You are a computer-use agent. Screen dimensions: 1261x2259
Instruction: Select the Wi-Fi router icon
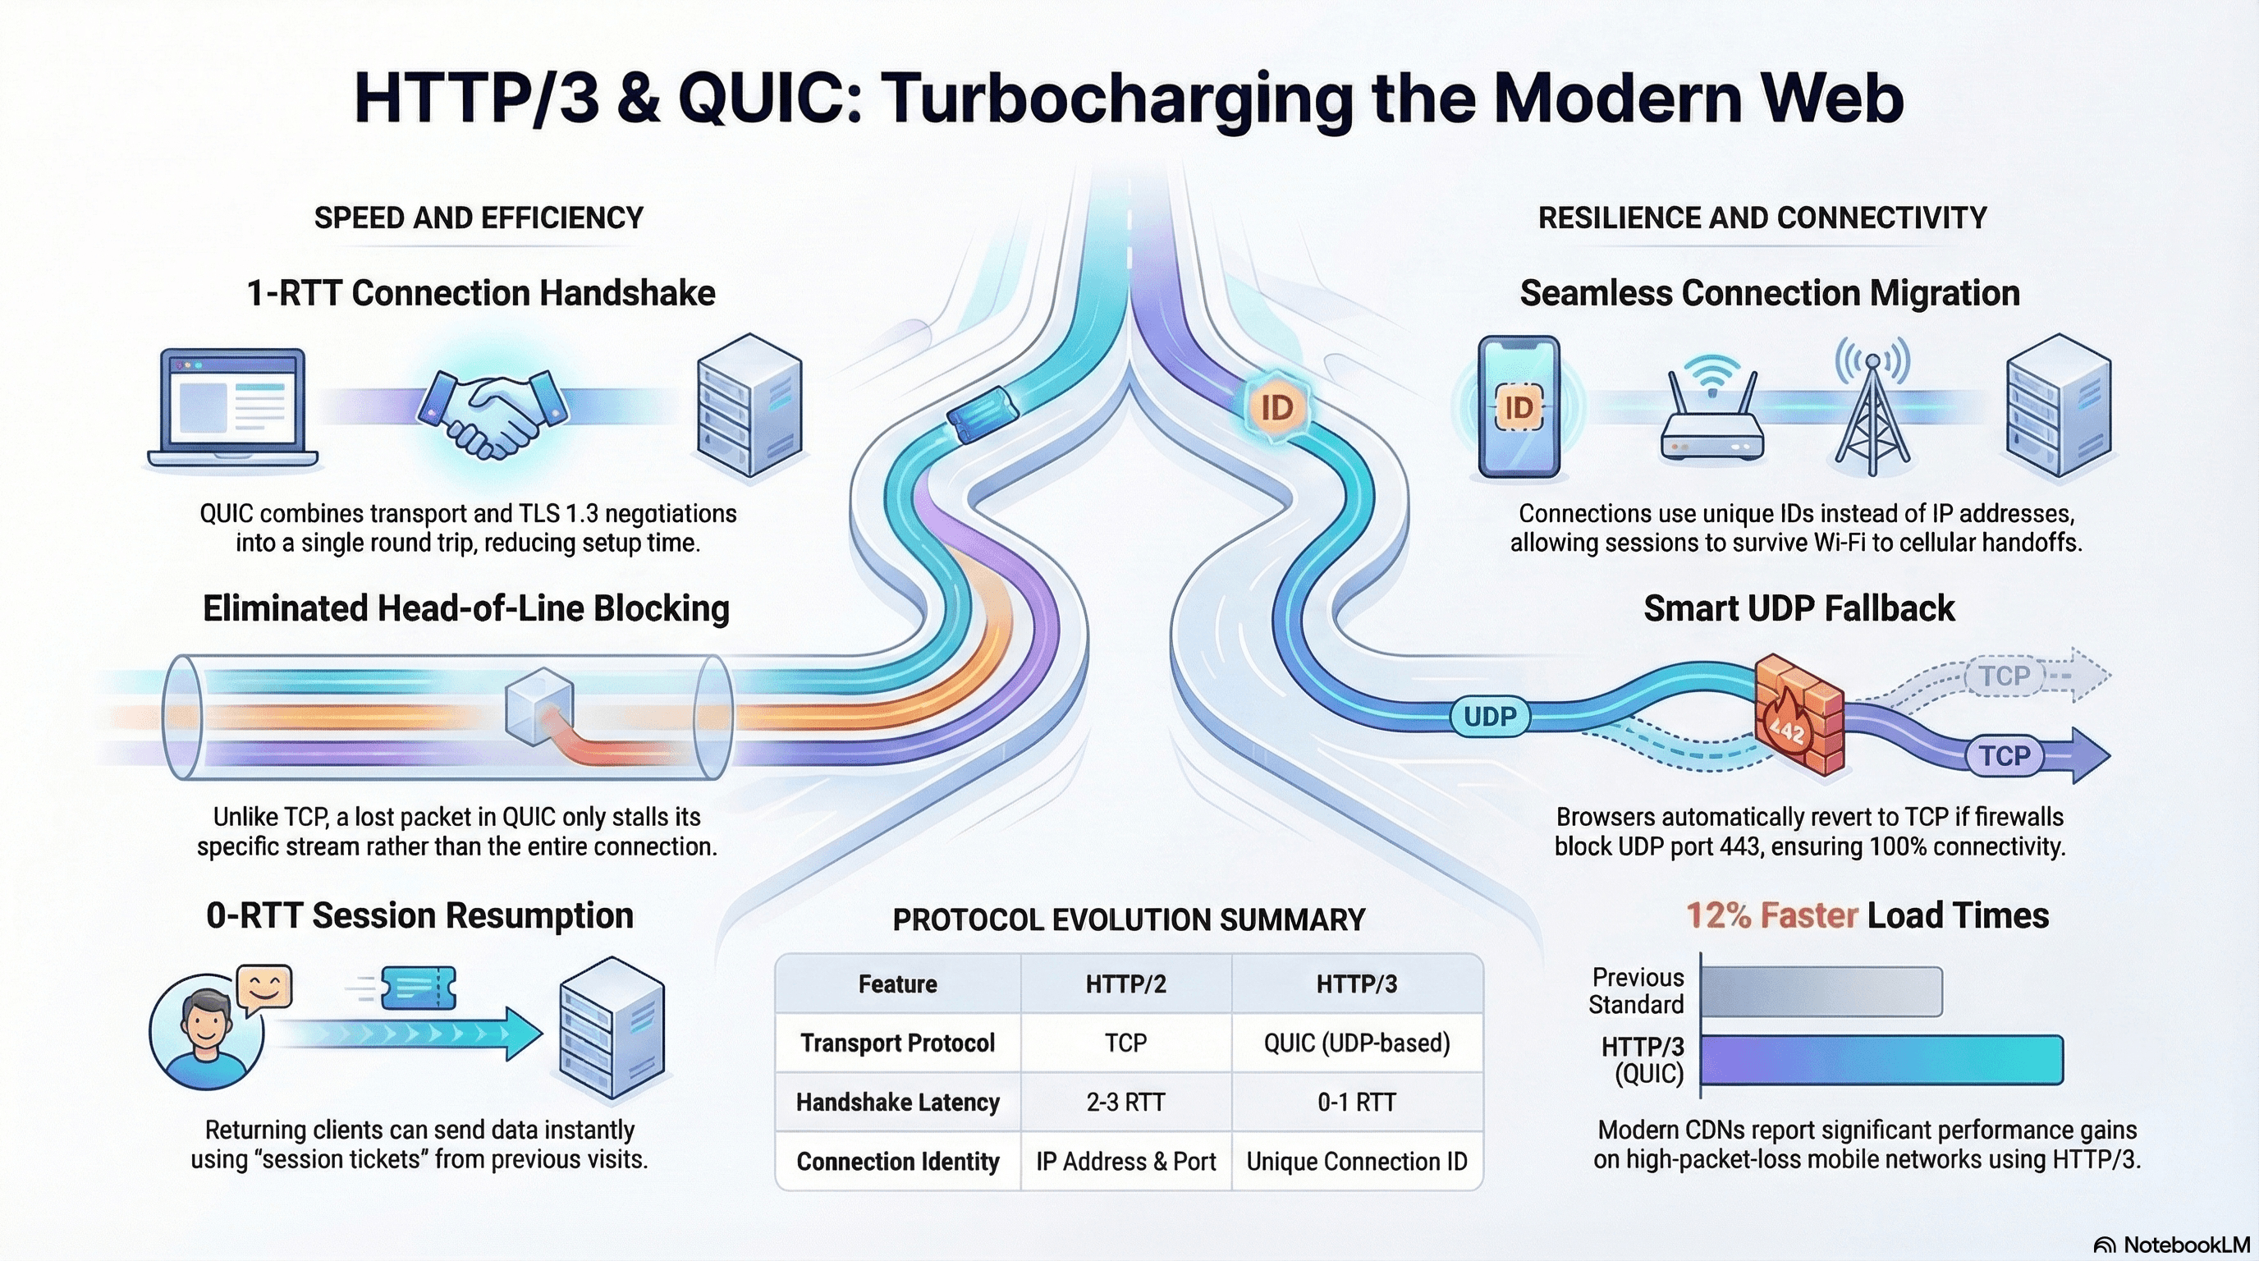point(1711,412)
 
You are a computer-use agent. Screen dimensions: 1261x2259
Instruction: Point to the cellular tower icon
point(1872,408)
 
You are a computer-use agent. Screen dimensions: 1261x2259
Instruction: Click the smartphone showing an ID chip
point(1519,407)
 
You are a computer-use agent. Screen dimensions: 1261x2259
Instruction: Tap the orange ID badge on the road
point(1276,407)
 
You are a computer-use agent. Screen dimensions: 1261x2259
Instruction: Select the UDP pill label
point(1490,717)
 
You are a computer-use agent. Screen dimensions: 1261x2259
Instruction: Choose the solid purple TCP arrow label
point(2005,755)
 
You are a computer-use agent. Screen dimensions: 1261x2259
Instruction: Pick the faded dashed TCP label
point(2005,676)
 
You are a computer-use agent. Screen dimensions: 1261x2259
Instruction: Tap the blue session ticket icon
point(419,989)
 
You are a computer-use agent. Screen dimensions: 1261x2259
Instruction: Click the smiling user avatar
point(207,1033)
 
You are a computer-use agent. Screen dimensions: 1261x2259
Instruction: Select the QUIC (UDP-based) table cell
point(1356,1043)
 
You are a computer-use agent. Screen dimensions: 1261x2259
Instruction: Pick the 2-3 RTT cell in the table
point(1125,1103)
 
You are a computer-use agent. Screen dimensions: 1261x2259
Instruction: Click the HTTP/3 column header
point(1356,984)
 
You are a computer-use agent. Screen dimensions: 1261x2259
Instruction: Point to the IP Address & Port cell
point(1125,1162)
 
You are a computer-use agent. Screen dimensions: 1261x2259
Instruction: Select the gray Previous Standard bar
point(1821,992)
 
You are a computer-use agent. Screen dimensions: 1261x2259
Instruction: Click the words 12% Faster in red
point(1771,915)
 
